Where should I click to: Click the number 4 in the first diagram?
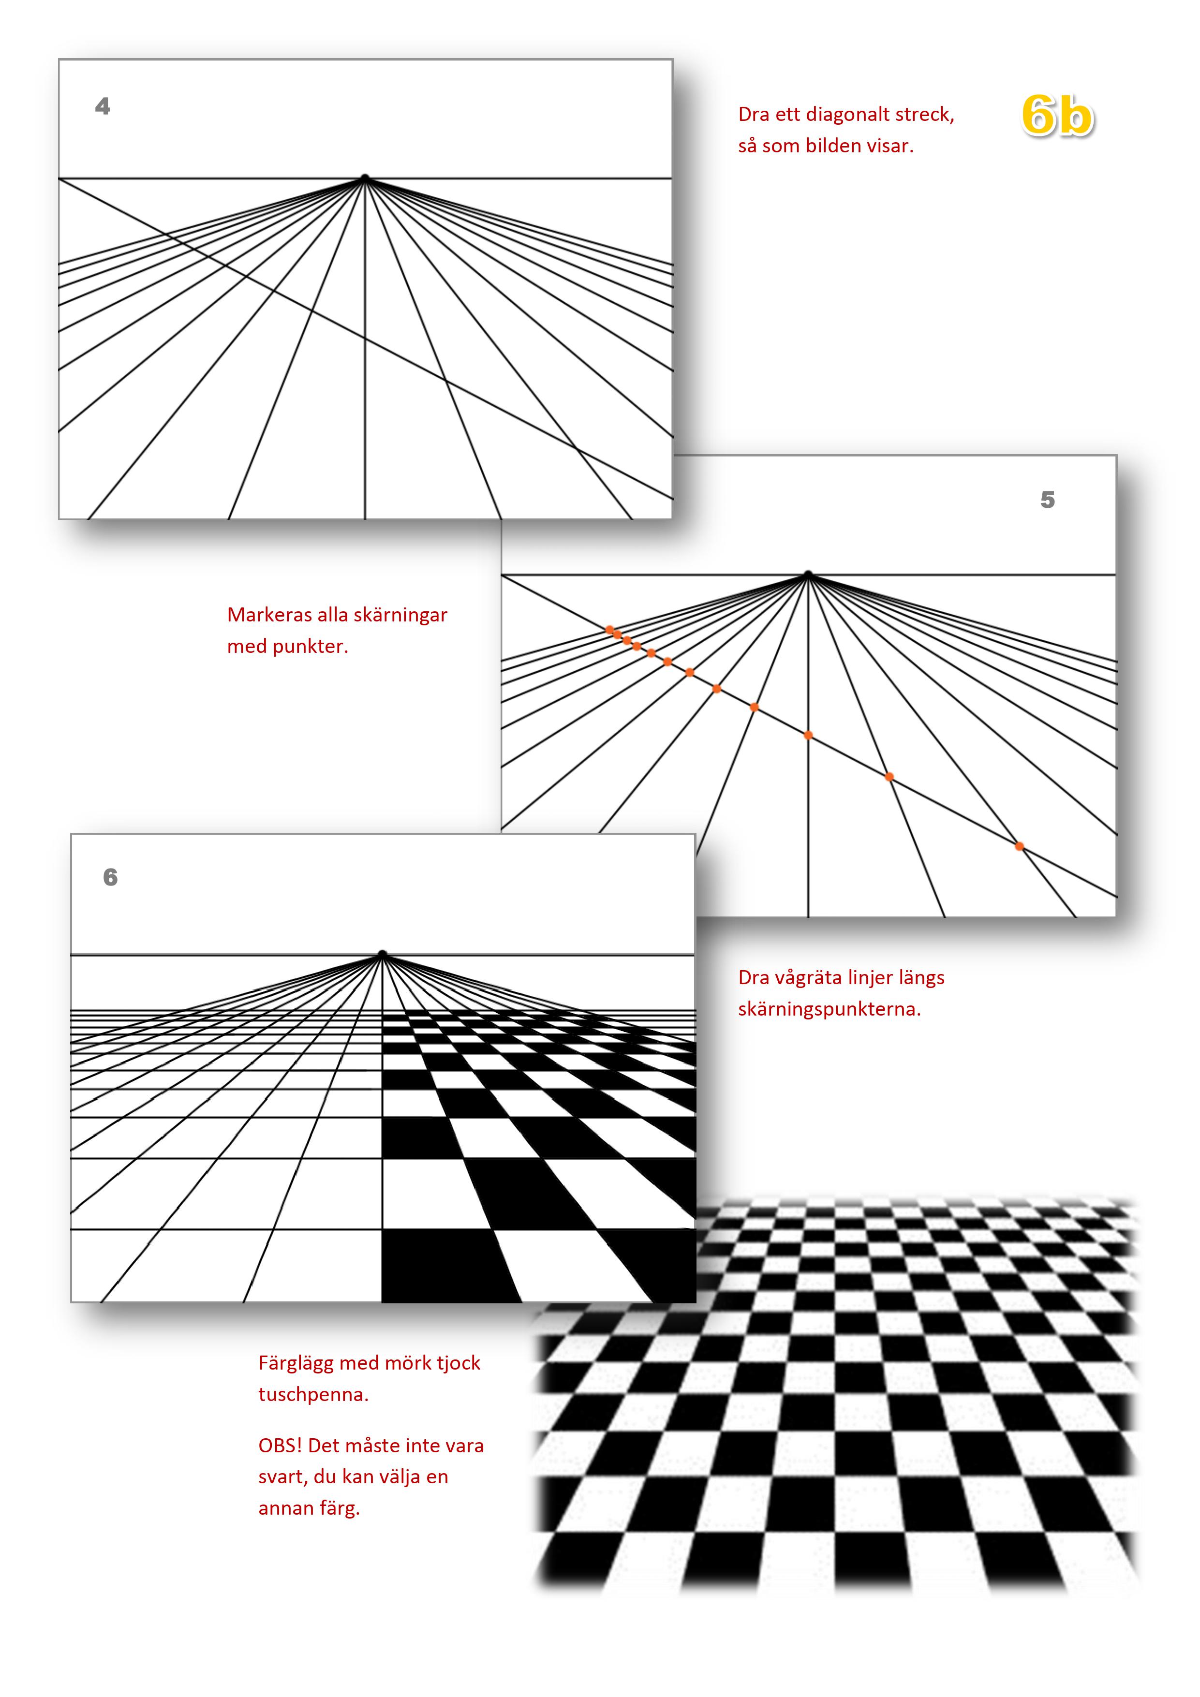103,106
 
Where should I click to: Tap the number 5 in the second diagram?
1047,500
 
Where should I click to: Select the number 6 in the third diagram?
110,877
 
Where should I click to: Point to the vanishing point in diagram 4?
365,178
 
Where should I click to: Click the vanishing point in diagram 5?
808,574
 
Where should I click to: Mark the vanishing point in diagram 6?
382,954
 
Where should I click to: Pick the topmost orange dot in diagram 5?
609,630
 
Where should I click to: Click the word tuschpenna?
313,1395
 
